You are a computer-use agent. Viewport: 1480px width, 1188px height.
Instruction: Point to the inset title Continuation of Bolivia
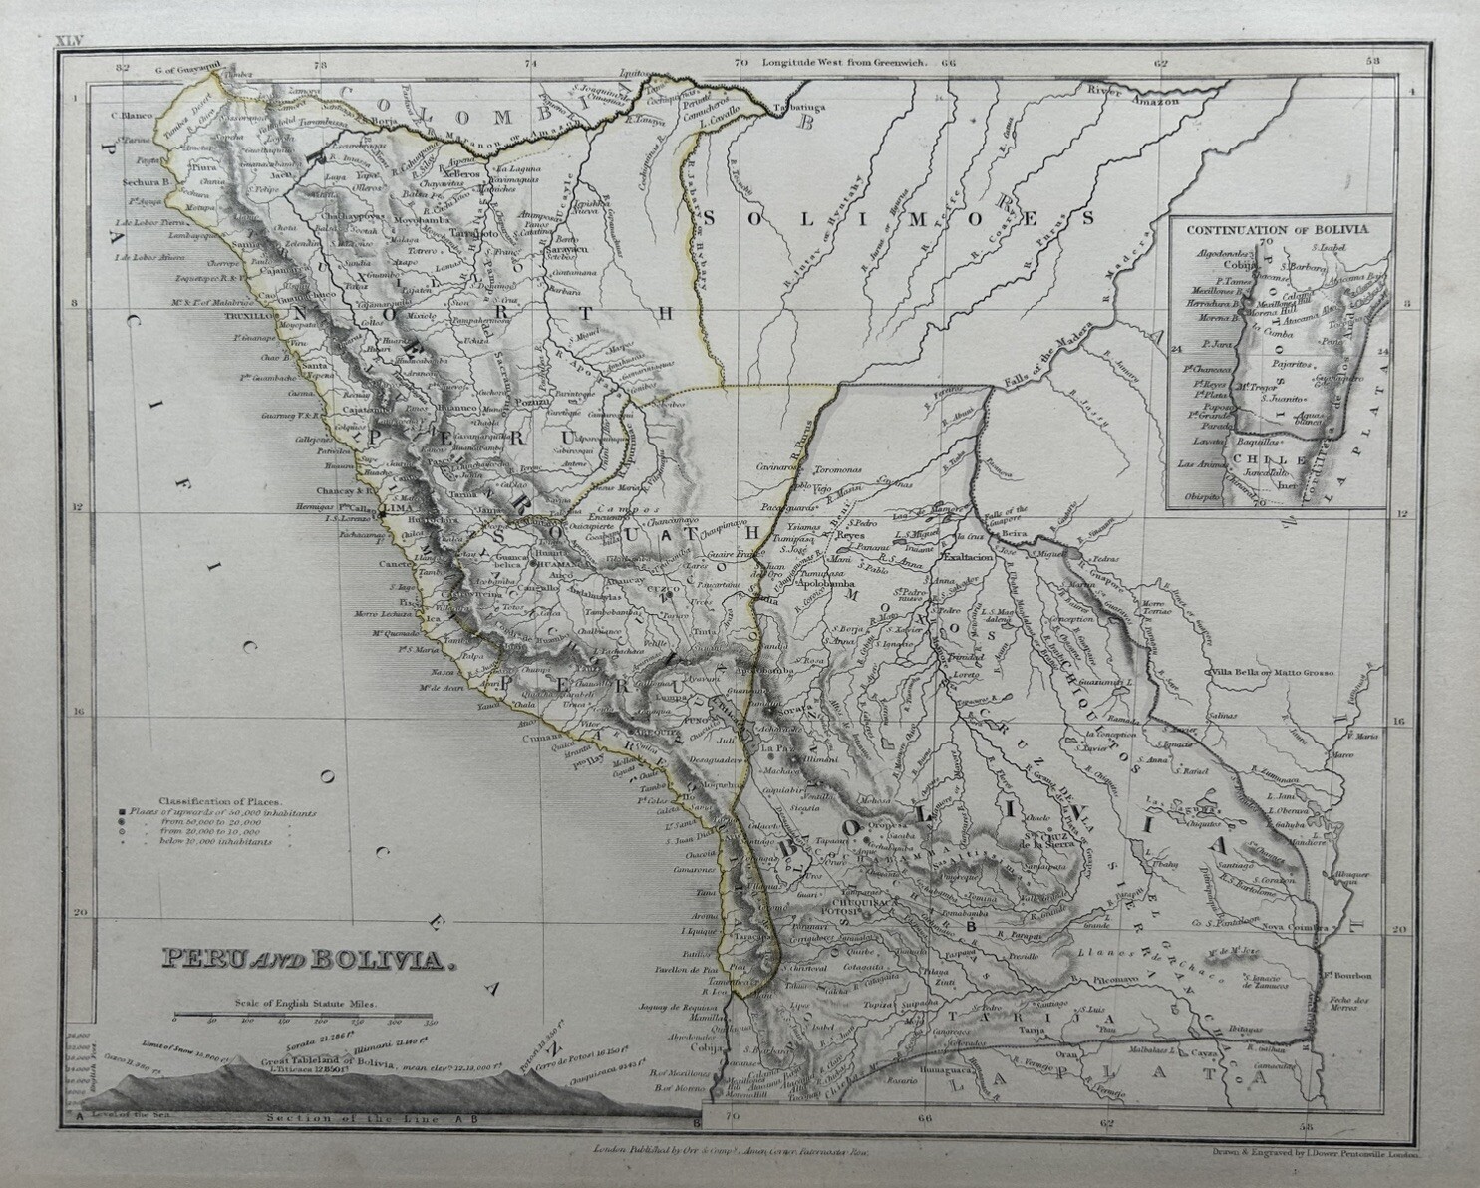click(x=1277, y=228)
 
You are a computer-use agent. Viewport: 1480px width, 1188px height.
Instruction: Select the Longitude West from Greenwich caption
click(x=844, y=62)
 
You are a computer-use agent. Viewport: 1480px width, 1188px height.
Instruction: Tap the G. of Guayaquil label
click(x=186, y=71)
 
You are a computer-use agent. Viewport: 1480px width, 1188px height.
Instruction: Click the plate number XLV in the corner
click(x=65, y=39)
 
